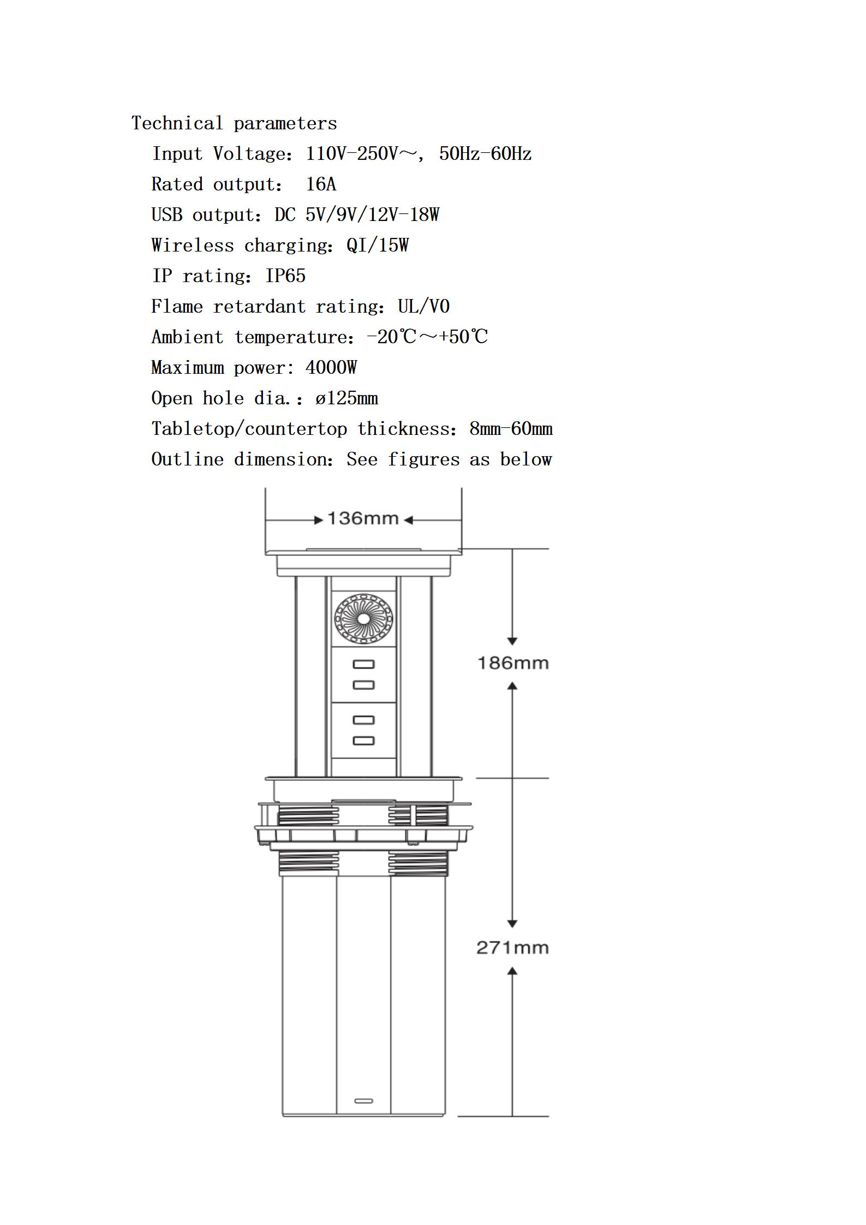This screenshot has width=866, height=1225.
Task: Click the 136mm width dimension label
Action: (x=363, y=518)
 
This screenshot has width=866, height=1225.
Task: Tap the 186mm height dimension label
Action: (x=513, y=663)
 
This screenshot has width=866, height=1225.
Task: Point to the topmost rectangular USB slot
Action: (x=363, y=664)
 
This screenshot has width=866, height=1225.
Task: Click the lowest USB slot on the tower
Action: (x=363, y=740)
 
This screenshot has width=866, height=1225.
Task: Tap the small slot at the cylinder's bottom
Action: (x=363, y=1101)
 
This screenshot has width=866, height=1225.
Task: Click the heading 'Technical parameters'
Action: (x=234, y=123)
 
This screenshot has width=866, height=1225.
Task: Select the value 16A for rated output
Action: (x=321, y=184)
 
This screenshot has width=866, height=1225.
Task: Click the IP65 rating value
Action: (x=285, y=276)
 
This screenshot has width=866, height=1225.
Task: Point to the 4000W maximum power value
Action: (x=331, y=368)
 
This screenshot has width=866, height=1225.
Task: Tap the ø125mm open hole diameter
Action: (x=347, y=398)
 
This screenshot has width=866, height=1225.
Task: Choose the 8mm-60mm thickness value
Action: (x=511, y=429)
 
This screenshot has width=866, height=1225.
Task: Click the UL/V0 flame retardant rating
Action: (x=423, y=307)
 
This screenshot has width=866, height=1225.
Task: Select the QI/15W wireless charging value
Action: (x=378, y=246)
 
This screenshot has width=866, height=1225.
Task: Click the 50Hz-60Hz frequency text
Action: (x=485, y=154)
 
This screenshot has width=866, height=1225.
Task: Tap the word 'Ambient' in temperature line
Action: (x=187, y=337)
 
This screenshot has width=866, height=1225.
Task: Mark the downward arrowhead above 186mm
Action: (x=512, y=641)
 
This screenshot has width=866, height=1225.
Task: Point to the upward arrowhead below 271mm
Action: (x=512, y=971)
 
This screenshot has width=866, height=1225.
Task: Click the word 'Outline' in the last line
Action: (x=187, y=459)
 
